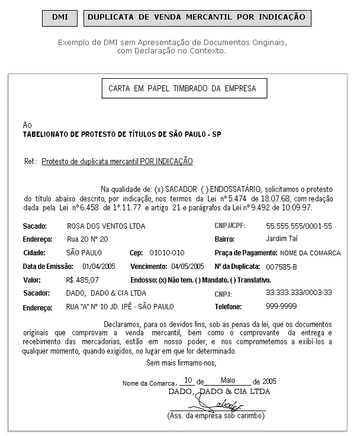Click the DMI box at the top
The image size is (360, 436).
(x=60, y=17)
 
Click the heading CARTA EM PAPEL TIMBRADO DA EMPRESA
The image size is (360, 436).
(x=182, y=89)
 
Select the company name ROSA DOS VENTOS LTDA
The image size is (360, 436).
(x=106, y=226)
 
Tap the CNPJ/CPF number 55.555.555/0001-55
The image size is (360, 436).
(x=299, y=226)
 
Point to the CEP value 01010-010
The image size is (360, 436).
(x=166, y=253)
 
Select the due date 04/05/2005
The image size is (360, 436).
(x=188, y=266)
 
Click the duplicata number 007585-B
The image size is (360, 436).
(x=282, y=267)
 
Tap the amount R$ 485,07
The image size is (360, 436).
(x=83, y=280)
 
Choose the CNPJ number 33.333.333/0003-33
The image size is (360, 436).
(x=299, y=293)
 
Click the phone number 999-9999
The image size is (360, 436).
(x=281, y=307)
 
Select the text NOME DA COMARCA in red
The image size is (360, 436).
(x=311, y=253)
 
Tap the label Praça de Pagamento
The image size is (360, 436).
(x=246, y=253)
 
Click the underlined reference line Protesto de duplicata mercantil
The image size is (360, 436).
(x=117, y=161)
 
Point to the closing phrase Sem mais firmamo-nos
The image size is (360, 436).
(x=181, y=363)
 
